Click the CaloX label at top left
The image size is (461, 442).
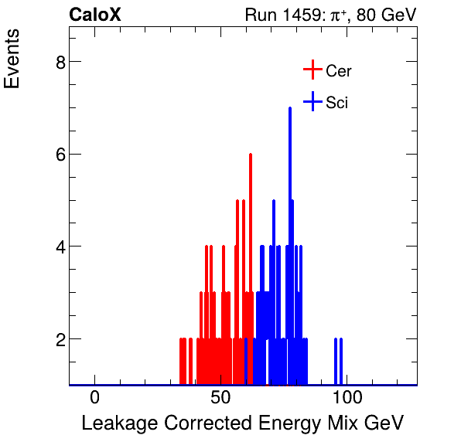coord(95,15)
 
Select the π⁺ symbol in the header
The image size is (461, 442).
coord(338,15)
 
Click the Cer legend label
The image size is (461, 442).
coord(339,71)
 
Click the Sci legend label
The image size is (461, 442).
coord(336,103)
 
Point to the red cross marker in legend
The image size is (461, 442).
coord(312,70)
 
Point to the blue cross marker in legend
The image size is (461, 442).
coord(312,102)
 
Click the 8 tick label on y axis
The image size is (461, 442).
coord(60,63)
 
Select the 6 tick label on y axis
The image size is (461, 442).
coord(60,155)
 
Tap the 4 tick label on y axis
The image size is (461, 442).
coord(60,247)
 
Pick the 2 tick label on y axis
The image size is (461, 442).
coord(60,339)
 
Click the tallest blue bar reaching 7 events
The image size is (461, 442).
coord(290,232)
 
